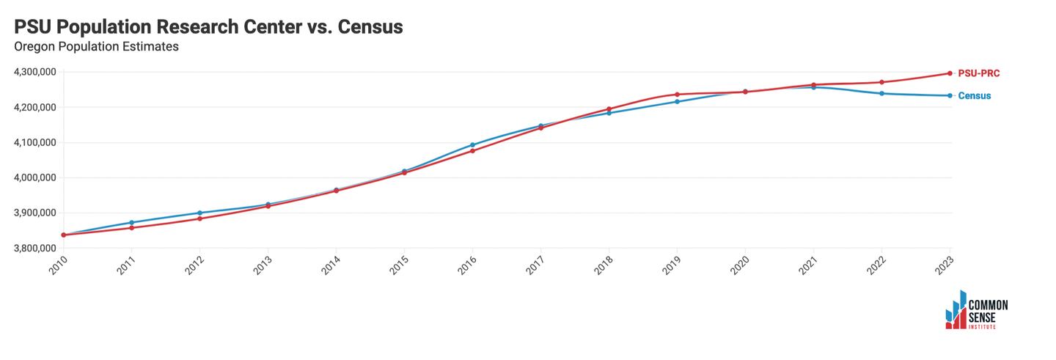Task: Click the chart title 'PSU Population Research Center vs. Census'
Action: pyautogui.click(x=209, y=27)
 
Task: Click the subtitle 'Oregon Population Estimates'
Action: pyautogui.click(x=97, y=47)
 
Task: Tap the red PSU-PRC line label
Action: pyautogui.click(x=978, y=73)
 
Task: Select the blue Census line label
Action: pyautogui.click(x=975, y=96)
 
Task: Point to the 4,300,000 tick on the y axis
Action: pyautogui.click(x=35, y=72)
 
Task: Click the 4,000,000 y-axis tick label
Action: pyautogui.click(x=35, y=177)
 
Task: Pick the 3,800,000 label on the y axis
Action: pyautogui.click(x=35, y=249)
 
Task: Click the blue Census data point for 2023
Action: pyautogui.click(x=950, y=95)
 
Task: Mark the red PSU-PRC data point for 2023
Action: pyautogui.click(x=950, y=73)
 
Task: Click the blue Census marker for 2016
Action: pyautogui.click(x=472, y=145)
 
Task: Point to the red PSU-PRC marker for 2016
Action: pyautogui.click(x=472, y=151)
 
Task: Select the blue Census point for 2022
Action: pyautogui.click(x=881, y=93)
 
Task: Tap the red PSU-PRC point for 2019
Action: pyautogui.click(x=677, y=95)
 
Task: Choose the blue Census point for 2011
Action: pyautogui.click(x=131, y=222)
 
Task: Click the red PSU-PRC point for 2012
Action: pyautogui.click(x=199, y=218)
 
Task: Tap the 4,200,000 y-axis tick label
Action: pyautogui.click(x=35, y=107)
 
